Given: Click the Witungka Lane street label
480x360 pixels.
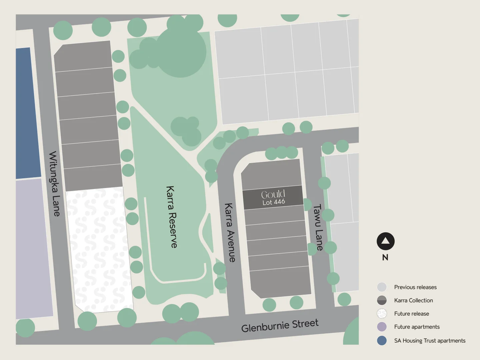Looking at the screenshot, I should pyautogui.click(x=54, y=184).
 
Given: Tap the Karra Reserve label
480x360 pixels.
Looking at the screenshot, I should pyautogui.click(x=171, y=217).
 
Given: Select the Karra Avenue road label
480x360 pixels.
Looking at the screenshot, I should pyautogui.click(x=230, y=232).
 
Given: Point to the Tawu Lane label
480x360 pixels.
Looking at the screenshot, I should pyautogui.click(x=318, y=227).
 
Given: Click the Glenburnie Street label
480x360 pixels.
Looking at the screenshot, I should pyautogui.click(x=280, y=326).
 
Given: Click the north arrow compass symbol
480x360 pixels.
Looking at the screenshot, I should pyautogui.click(x=385, y=241).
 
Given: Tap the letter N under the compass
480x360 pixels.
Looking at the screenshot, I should pyautogui.click(x=385, y=257).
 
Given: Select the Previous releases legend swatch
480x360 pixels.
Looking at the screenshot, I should pyautogui.click(x=382, y=287).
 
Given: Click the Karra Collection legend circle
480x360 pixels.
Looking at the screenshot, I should pyautogui.click(x=382, y=300).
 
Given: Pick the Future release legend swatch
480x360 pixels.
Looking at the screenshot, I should pyautogui.click(x=382, y=314).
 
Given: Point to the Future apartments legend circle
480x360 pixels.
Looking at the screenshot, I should pyautogui.click(x=382, y=327).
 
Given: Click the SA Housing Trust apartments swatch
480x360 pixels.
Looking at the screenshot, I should pyautogui.click(x=382, y=340).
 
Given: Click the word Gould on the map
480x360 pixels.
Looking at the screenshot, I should pyautogui.click(x=273, y=194).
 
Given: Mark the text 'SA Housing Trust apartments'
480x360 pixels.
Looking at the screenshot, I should pyautogui.click(x=430, y=340).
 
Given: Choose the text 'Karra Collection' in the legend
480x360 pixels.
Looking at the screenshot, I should pyautogui.click(x=413, y=300).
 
